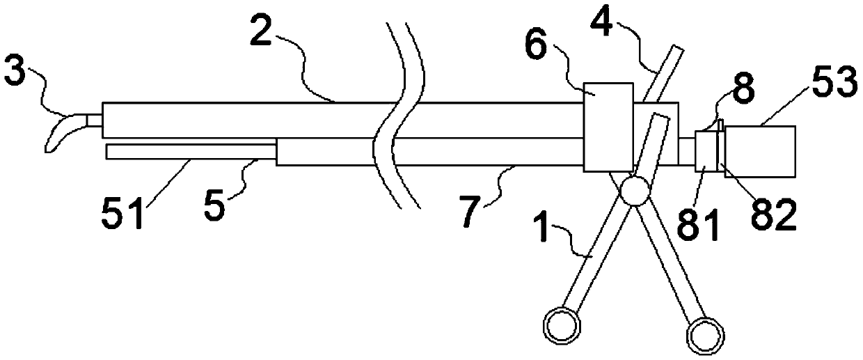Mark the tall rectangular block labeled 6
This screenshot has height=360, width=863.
click(608, 127)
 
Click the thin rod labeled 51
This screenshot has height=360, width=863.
click(191, 151)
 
